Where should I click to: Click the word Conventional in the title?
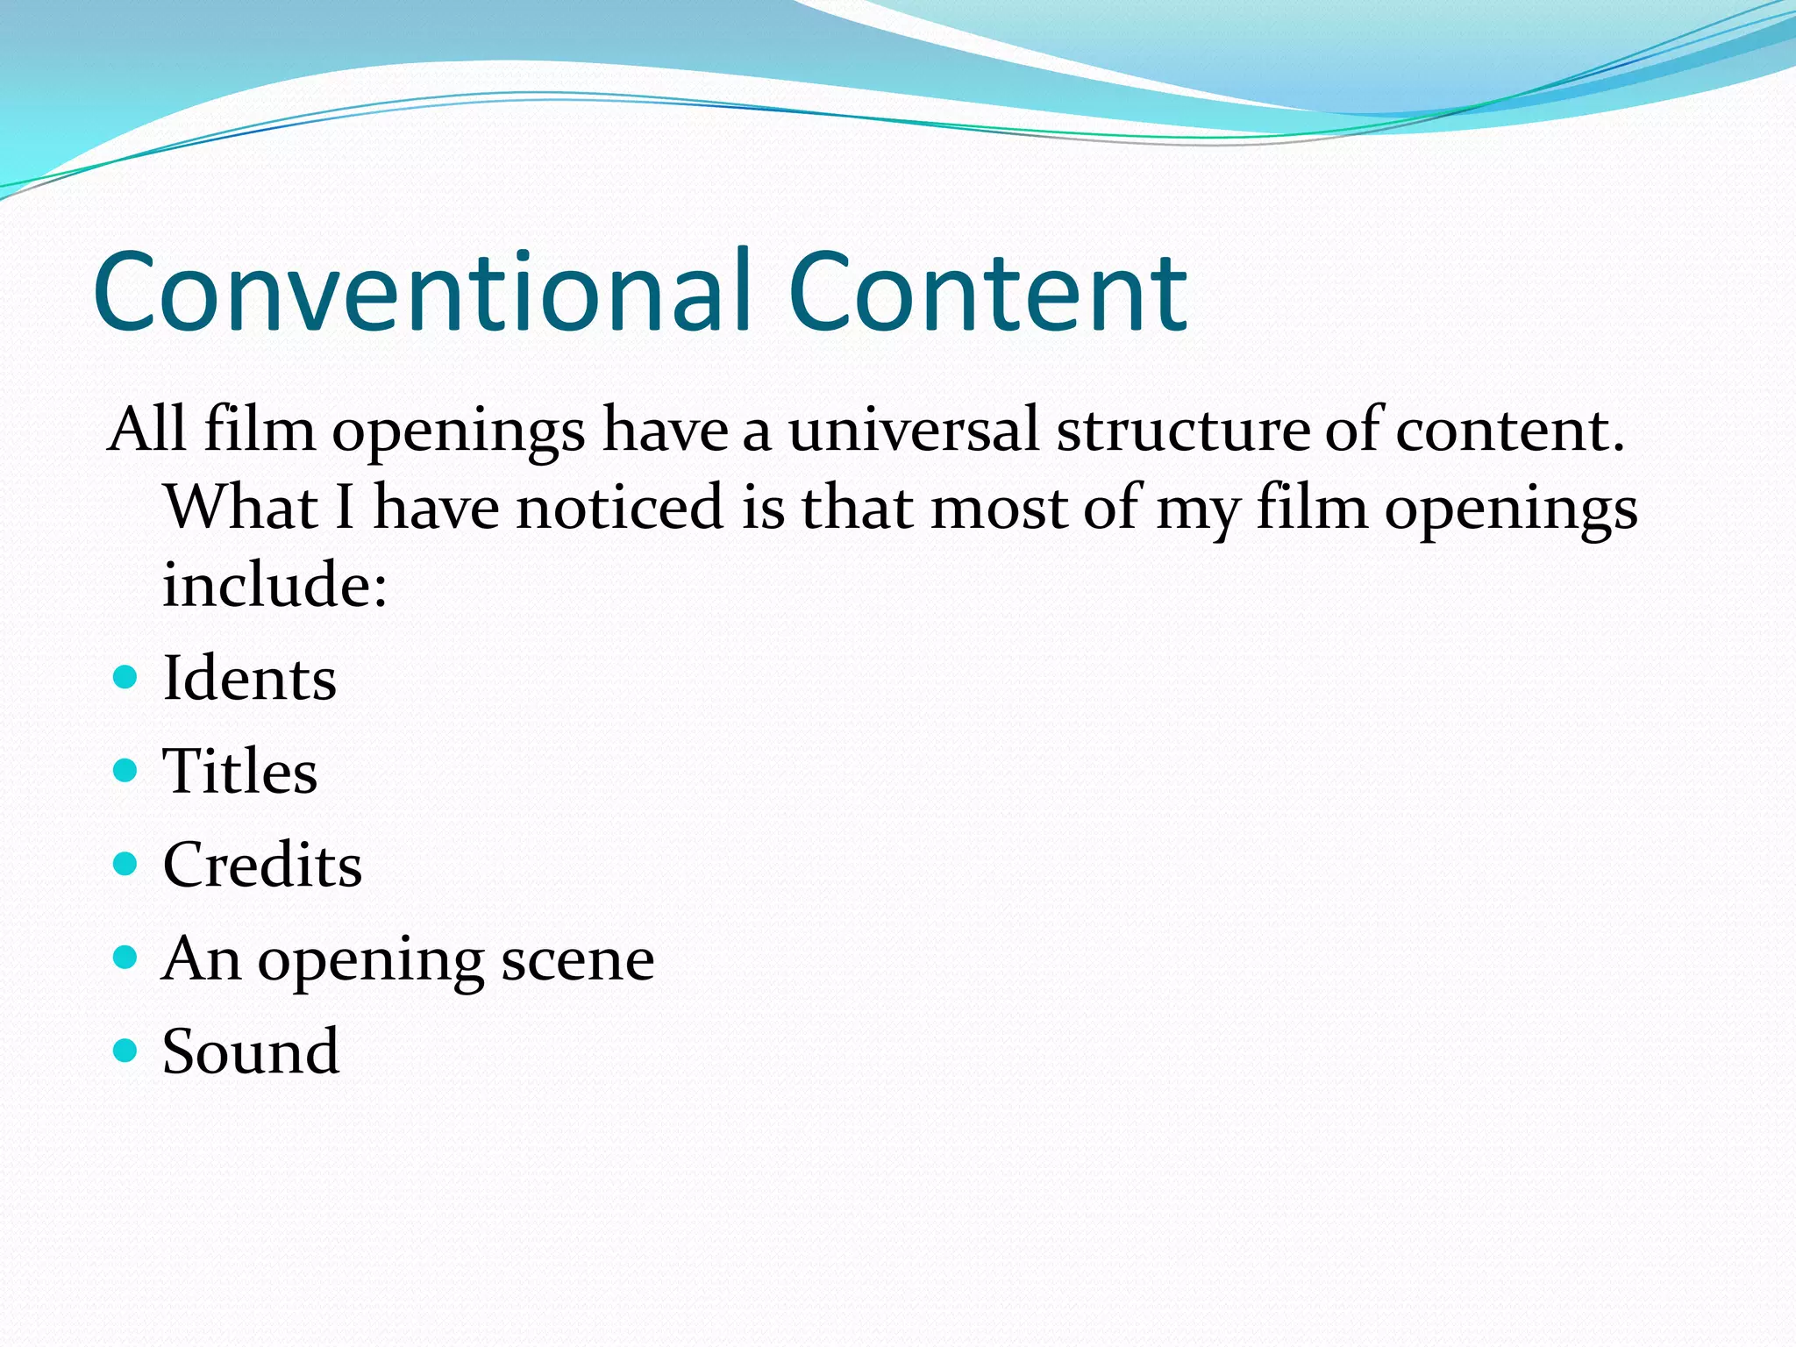[x=422, y=292]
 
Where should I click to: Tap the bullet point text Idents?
[x=249, y=679]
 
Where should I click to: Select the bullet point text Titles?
[x=239, y=772]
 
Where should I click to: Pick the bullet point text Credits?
[x=261, y=866]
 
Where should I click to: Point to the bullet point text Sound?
[x=250, y=1051]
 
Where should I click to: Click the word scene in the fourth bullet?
[x=577, y=959]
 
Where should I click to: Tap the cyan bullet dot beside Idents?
[x=125, y=678]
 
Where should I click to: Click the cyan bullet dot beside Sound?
[x=125, y=1050]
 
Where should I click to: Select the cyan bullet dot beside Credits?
[x=125, y=865]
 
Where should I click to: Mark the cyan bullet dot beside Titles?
[x=125, y=771]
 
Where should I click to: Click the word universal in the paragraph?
[x=913, y=431]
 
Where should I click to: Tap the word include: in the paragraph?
[x=274, y=585]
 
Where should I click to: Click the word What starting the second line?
[x=241, y=509]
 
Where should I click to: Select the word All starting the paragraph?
[x=146, y=431]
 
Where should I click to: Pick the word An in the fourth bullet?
[x=201, y=959]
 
